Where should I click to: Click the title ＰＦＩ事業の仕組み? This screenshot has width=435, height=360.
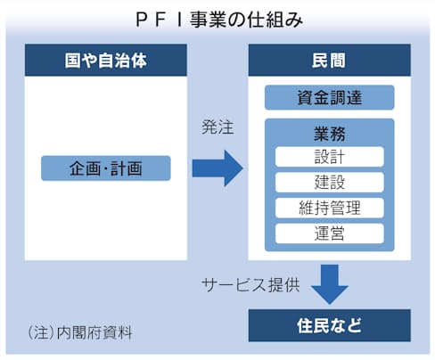[x=219, y=20]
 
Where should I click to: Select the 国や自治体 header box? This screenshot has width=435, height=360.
[x=106, y=60]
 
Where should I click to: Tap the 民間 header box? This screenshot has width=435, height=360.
[x=330, y=60]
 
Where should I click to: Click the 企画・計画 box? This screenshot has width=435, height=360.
[x=106, y=168]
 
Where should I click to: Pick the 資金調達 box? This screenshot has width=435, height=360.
[x=330, y=97]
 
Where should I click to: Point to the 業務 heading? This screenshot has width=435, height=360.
[x=330, y=134]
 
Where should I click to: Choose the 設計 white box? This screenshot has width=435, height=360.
[x=330, y=157]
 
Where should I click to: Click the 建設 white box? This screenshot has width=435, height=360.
[x=330, y=182]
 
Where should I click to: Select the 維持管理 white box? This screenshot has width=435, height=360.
[x=330, y=208]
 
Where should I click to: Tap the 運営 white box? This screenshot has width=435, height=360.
[x=330, y=233]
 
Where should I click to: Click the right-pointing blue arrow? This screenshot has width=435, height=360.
[x=217, y=168]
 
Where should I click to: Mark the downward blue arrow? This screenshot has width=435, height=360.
[x=330, y=284]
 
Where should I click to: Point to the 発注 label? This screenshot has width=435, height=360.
[x=217, y=127]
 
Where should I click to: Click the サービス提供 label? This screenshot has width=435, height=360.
[x=250, y=285]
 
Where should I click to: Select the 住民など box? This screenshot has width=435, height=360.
[x=330, y=325]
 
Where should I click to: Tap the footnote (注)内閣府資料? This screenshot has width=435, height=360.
[x=80, y=332]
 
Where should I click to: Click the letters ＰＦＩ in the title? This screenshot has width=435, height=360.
[x=160, y=20]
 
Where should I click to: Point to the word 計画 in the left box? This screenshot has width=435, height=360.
[x=126, y=168]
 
